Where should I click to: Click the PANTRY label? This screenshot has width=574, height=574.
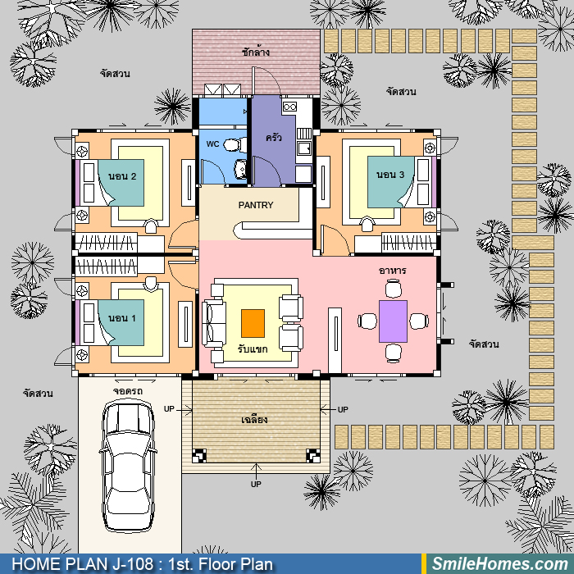tap(256, 205)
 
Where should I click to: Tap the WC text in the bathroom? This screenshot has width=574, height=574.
tap(212, 143)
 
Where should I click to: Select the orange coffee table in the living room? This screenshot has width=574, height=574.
tap(253, 323)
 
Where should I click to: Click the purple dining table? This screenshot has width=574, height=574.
tap(393, 321)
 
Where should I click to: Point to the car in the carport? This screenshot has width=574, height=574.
tap(127, 465)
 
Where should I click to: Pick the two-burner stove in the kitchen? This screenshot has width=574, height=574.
tap(289, 107)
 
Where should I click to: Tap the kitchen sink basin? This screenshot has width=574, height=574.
tap(304, 148)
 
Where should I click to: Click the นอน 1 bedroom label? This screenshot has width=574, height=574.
tap(122, 318)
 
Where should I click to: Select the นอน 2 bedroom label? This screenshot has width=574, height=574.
tap(122, 176)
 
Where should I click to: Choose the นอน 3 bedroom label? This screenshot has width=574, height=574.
tap(390, 175)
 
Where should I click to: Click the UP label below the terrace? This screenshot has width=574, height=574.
tap(256, 484)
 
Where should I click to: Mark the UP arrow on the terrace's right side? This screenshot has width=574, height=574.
tap(329, 409)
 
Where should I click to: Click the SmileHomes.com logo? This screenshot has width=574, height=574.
tap(500, 564)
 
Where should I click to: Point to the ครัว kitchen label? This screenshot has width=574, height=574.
tap(273, 138)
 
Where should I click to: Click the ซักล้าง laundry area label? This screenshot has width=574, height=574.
tap(256, 52)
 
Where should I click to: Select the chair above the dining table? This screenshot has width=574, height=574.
tap(393, 289)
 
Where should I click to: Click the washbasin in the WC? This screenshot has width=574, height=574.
tap(240, 168)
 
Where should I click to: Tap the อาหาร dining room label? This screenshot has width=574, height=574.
tap(392, 271)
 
